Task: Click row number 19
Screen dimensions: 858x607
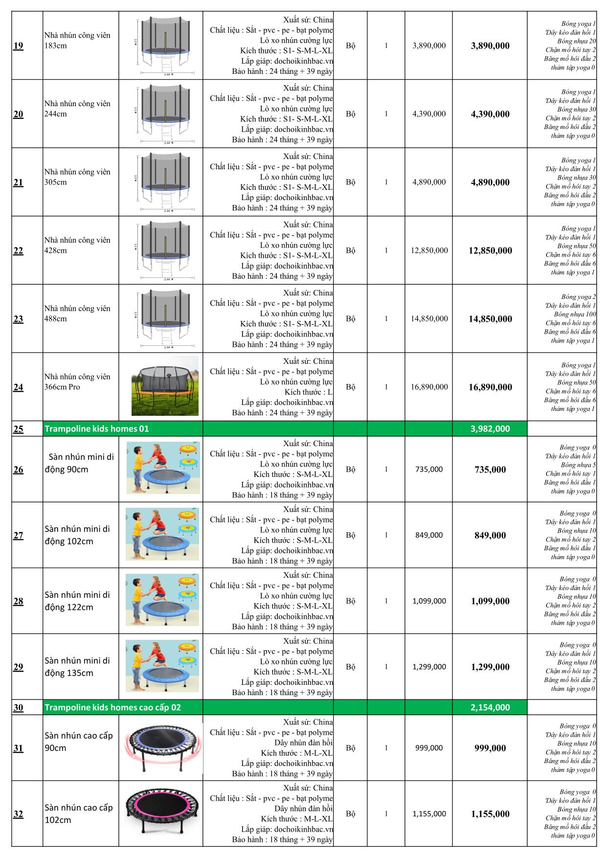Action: point(18,46)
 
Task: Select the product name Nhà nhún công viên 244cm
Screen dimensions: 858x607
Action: point(77,109)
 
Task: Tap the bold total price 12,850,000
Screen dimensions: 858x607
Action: point(490,250)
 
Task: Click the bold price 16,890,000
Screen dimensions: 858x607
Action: point(490,387)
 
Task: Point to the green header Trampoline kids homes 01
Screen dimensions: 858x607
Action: point(97,429)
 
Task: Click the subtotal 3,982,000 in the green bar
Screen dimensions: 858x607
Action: point(490,429)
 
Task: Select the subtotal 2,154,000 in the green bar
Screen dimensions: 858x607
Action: point(490,707)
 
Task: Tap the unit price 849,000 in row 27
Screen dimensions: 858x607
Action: point(429,535)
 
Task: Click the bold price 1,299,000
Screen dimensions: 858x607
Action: point(490,667)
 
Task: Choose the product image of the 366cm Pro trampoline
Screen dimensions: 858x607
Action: point(165,386)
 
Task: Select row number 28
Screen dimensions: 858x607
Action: point(18,601)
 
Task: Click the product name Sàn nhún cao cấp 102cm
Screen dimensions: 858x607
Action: point(78,813)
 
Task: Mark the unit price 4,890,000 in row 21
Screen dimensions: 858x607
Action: point(429,182)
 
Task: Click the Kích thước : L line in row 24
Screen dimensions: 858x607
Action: point(308,392)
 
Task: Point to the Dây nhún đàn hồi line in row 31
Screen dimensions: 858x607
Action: point(303,743)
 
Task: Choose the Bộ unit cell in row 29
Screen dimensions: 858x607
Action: point(350,667)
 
